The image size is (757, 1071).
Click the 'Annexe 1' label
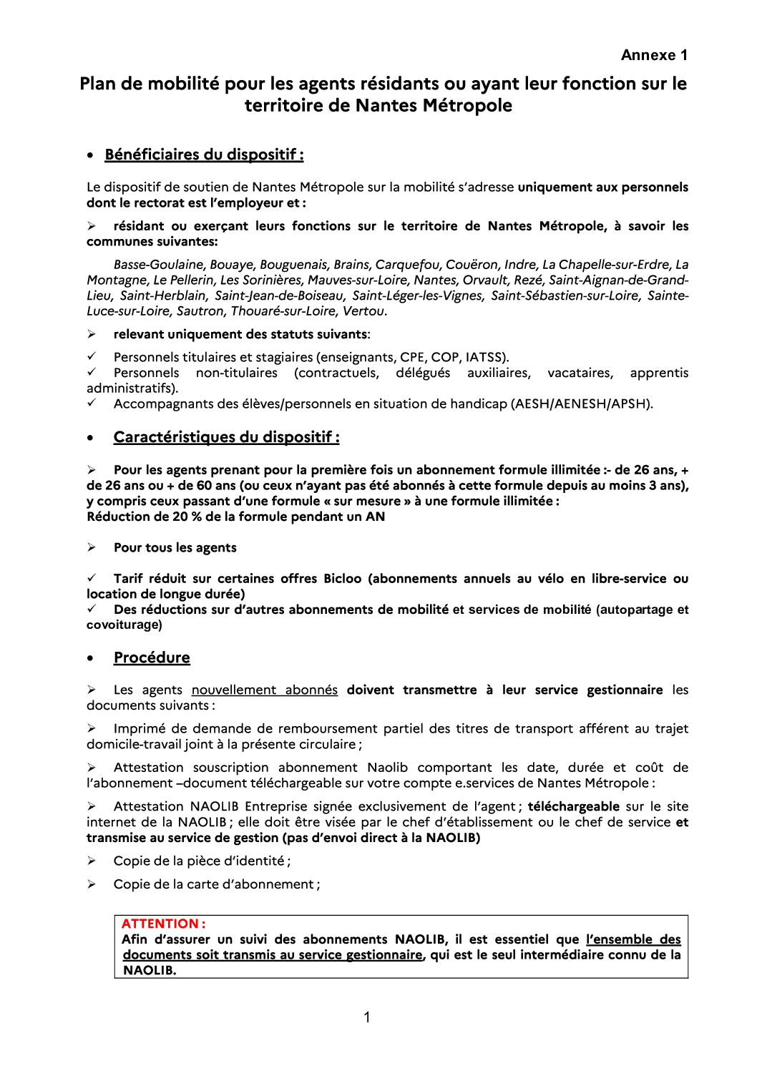point(653,55)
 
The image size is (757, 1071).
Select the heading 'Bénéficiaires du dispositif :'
point(204,155)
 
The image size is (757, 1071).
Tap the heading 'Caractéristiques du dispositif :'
point(226,437)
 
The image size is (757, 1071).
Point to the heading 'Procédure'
point(152,657)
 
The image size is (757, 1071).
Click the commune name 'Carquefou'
point(408,265)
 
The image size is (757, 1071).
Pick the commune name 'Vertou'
point(364,311)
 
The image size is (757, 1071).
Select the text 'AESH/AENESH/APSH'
point(580,404)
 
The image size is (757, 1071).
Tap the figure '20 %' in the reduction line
point(187,517)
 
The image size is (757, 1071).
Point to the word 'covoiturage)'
point(124,625)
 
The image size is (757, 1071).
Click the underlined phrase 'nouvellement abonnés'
point(264,690)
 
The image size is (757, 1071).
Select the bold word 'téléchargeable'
point(574,806)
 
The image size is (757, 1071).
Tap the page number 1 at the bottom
point(367,1017)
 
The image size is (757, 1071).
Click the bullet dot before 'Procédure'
point(90,658)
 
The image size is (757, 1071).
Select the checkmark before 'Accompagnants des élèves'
point(92,403)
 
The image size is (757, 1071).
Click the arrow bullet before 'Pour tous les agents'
point(92,547)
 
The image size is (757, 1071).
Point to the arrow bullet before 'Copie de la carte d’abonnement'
point(92,884)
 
